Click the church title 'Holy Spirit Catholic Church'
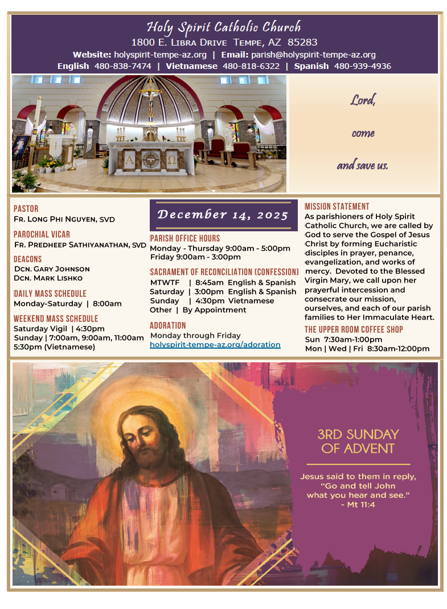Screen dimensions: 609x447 [x=224, y=27]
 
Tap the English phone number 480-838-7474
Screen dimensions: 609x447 [x=123, y=66]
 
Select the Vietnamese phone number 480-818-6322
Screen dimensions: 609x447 [x=251, y=66]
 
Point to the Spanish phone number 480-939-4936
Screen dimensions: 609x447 [x=363, y=66]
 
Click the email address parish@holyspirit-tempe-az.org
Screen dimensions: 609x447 [x=313, y=55]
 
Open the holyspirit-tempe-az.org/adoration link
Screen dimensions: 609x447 [x=215, y=345]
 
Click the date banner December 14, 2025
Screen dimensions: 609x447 [x=223, y=215]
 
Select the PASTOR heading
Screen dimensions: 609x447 [x=26, y=209]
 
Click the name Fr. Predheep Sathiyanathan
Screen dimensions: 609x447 [x=80, y=245]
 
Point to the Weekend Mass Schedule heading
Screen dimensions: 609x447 [x=56, y=318]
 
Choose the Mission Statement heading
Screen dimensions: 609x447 [x=337, y=206]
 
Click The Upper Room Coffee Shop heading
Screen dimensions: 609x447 [x=354, y=329]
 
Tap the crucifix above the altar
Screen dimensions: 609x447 [x=151, y=97]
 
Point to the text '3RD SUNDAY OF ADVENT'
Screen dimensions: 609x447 [x=358, y=442]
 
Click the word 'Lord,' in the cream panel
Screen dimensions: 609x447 [x=363, y=101]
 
